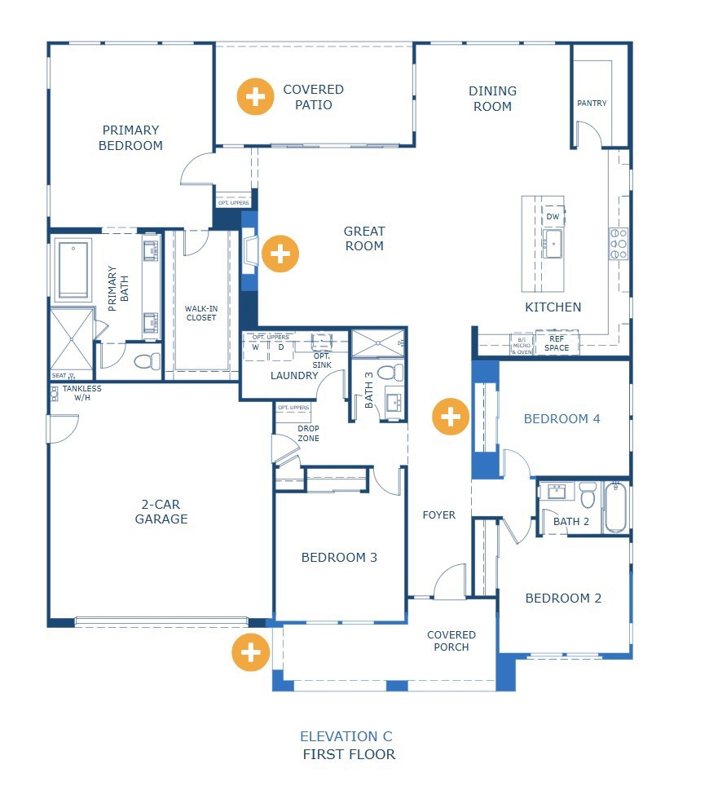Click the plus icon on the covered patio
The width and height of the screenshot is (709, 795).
[x=255, y=97]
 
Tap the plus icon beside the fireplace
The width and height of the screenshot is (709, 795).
[x=280, y=254]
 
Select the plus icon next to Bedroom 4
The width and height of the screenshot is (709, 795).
[x=451, y=417]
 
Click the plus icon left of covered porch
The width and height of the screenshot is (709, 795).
[x=250, y=652]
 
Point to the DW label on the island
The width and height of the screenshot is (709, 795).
[x=553, y=217]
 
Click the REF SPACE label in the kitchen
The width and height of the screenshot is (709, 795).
[x=557, y=343]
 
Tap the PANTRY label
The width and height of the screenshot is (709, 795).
[x=592, y=104]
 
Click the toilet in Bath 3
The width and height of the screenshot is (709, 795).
[x=391, y=373]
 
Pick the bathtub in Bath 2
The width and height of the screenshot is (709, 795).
[x=616, y=508]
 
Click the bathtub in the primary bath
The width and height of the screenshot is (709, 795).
[x=73, y=269]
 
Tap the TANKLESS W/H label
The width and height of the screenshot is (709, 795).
[x=82, y=394]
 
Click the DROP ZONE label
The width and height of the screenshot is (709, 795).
[x=308, y=434]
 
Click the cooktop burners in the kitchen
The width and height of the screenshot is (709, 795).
[x=619, y=244]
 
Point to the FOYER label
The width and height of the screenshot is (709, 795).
[x=438, y=515]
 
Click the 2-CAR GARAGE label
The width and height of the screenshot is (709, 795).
[x=161, y=511]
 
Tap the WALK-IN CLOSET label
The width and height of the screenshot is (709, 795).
[x=200, y=312]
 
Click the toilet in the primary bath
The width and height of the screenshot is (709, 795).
[x=147, y=360]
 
